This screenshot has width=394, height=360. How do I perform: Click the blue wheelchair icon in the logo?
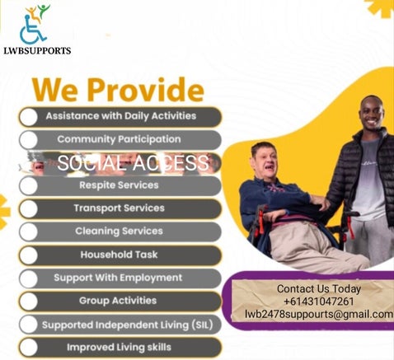pyautogui.click(x=32, y=30)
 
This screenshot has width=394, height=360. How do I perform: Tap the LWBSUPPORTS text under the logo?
pyautogui.click(x=37, y=51)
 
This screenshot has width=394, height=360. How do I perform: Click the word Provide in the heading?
pyautogui.click(x=146, y=90)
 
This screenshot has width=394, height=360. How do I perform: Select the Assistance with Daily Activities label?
pyautogui.click(x=121, y=116)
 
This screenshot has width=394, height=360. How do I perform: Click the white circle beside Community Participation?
pyautogui.click(x=29, y=140)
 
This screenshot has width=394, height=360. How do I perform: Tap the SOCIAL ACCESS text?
pyautogui.click(x=133, y=162)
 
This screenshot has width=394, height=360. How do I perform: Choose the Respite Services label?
pyautogui.click(x=119, y=185)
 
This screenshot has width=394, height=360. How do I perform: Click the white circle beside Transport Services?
pyautogui.click(x=29, y=209)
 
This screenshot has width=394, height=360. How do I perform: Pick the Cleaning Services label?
pyautogui.click(x=119, y=231)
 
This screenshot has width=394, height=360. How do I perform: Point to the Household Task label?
pyautogui.click(x=119, y=255)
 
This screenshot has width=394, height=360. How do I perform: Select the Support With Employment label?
pyautogui.click(x=118, y=278)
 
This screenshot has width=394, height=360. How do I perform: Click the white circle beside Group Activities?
pyautogui.click(x=29, y=302)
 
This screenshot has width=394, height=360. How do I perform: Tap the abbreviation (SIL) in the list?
pyautogui.click(x=203, y=325)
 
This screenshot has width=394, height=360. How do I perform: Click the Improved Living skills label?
pyautogui.click(x=119, y=348)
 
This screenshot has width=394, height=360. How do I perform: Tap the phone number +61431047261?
pyautogui.click(x=319, y=302)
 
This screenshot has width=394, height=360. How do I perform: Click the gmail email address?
pyautogui.click(x=319, y=314)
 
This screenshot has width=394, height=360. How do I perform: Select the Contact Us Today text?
pyautogui.click(x=319, y=289)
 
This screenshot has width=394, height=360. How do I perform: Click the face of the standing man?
pyautogui.click(x=372, y=115)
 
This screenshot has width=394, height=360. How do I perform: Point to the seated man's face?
pyautogui.click(x=265, y=161)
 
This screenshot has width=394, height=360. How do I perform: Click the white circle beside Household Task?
pyautogui.click(x=29, y=255)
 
